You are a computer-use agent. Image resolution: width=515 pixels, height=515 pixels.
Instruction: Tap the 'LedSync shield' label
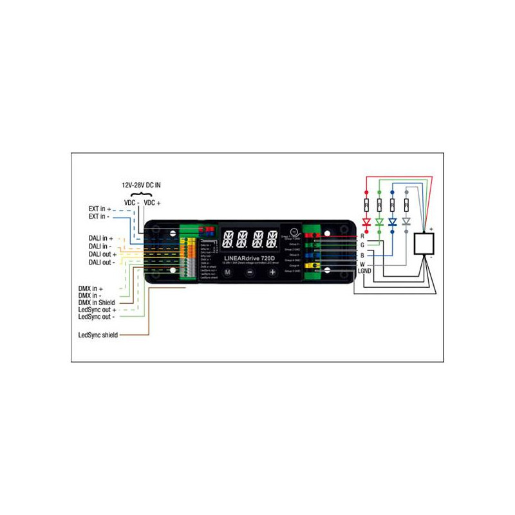click(x=97, y=335)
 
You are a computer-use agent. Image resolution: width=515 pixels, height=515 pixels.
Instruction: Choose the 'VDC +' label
click(x=153, y=203)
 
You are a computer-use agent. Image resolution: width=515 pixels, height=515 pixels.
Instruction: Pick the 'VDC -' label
click(x=132, y=203)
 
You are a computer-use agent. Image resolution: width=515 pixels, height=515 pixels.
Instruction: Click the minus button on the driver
click(x=250, y=272)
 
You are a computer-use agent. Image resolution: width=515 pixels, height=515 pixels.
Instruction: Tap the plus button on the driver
click(x=272, y=272)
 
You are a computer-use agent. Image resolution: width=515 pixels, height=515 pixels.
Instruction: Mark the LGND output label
click(x=365, y=271)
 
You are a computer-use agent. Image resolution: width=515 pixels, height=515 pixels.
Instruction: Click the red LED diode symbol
click(x=366, y=221)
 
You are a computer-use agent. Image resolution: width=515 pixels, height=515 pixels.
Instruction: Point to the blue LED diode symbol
click(x=393, y=221)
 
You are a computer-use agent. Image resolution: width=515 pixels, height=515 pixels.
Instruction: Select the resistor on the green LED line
click(x=379, y=206)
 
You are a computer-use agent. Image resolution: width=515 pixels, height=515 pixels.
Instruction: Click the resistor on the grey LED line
click(x=406, y=206)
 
